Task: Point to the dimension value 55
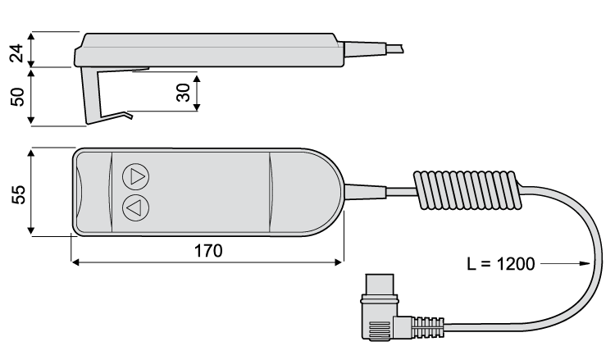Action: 17,194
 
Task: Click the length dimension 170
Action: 207,251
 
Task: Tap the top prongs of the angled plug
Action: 381,285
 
